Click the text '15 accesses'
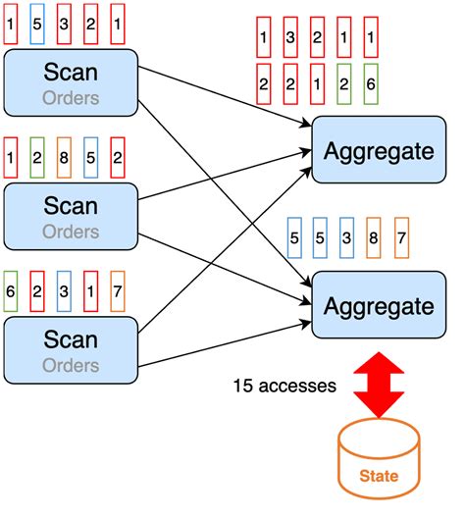(x=284, y=386)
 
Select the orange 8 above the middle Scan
(x=65, y=154)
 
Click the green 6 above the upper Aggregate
(x=369, y=83)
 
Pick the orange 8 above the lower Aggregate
(x=373, y=238)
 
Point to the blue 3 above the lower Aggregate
(x=346, y=238)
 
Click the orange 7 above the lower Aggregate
(x=399, y=238)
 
